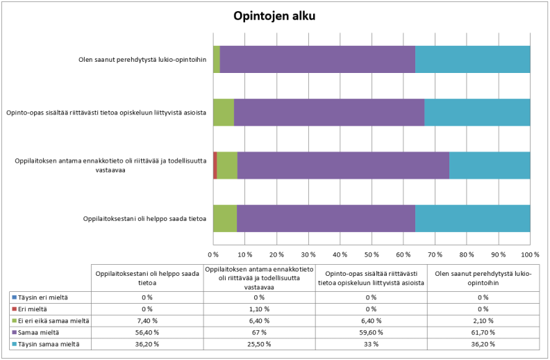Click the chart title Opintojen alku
(274, 15)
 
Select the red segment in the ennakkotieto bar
(215, 165)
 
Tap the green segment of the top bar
(217, 59)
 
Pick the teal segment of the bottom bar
(472, 218)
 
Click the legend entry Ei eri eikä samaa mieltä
(53, 320)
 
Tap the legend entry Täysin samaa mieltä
(46, 344)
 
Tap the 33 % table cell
(371, 344)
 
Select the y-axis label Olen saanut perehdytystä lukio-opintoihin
(142, 60)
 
